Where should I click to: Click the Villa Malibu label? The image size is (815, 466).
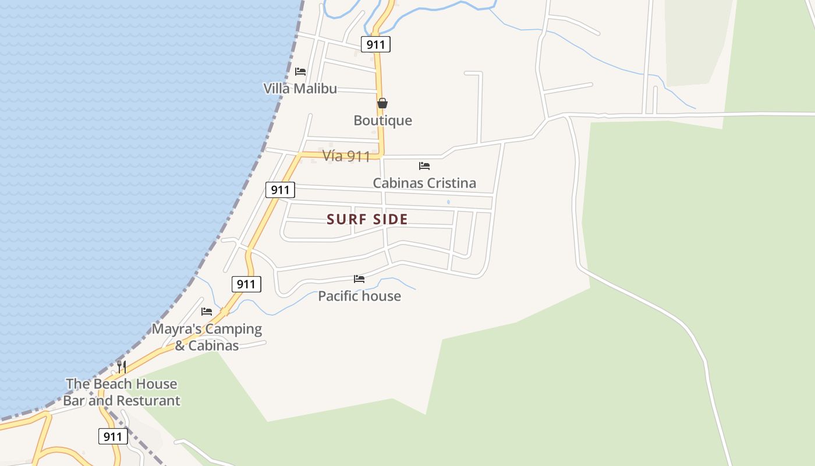click(300, 89)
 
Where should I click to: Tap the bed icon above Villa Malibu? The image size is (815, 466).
click(300, 72)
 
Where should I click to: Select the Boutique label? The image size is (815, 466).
click(382, 121)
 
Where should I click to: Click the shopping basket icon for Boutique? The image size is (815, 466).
click(382, 104)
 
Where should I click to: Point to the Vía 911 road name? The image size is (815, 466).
click(346, 156)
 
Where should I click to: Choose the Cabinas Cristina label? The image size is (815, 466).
click(424, 183)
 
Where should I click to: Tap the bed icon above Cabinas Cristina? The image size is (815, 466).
click(424, 166)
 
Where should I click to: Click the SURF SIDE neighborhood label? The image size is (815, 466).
click(367, 220)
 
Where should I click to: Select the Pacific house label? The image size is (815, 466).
click(359, 296)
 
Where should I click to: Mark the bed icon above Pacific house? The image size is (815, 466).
click(359, 279)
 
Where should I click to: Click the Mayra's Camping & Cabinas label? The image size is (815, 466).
click(207, 337)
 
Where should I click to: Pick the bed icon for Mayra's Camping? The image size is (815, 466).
click(207, 312)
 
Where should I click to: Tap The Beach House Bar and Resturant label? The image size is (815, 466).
click(122, 392)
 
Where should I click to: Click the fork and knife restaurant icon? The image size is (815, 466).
click(122, 366)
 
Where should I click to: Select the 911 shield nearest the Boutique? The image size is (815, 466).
click(375, 44)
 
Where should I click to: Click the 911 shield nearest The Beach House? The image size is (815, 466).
click(113, 436)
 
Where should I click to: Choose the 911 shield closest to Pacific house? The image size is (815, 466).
click(246, 284)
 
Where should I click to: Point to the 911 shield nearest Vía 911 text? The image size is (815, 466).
click(280, 190)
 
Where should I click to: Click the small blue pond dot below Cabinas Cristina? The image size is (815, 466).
click(448, 202)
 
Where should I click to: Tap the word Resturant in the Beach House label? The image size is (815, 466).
click(151, 401)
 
